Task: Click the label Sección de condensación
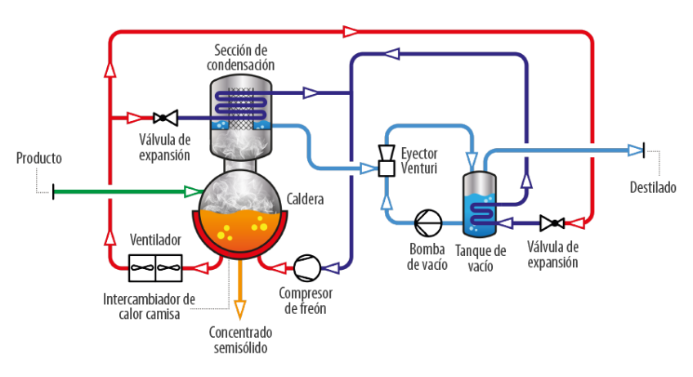[243, 58]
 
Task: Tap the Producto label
[39, 158]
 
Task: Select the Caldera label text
[306, 199]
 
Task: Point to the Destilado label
[653, 187]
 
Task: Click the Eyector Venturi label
[419, 161]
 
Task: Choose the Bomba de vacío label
[427, 255]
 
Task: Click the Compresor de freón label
[306, 299]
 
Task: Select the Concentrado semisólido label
[240, 340]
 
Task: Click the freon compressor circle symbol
[307, 267]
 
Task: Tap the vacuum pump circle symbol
[428, 221]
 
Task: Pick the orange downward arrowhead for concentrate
[240, 309]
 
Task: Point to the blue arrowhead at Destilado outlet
[635, 150]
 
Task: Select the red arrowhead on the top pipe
[350, 31]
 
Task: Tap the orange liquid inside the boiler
[239, 230]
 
